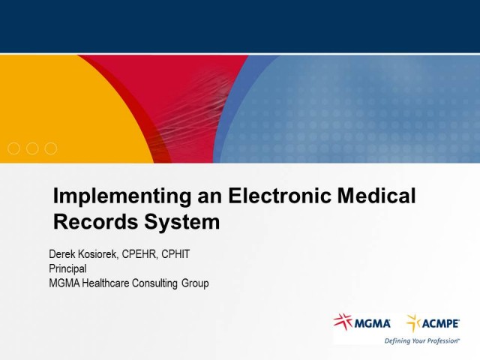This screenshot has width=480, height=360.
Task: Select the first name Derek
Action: [x=63, y=254]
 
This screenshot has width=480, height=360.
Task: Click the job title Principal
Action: [x=67, y=268]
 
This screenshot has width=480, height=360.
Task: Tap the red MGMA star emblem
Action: [x=343, y=322]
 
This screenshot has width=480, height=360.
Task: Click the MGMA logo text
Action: [x=372, y=323]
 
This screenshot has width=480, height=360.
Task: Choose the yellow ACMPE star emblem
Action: [x=413, y=322]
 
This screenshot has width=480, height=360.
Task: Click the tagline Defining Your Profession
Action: [x=421, y=340]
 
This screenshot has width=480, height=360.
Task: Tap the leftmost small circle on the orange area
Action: [x=13, y=148]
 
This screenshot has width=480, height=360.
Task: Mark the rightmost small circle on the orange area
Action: [x=50, y=148]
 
